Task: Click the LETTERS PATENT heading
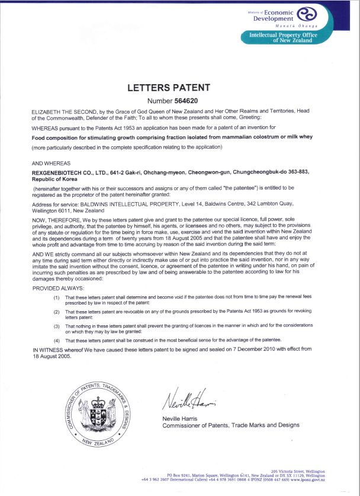(x=169, y=88)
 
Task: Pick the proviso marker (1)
(x=56, y=297)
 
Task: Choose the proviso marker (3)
(x=56, y=326)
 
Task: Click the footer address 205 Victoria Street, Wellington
(x=298, y=469)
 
